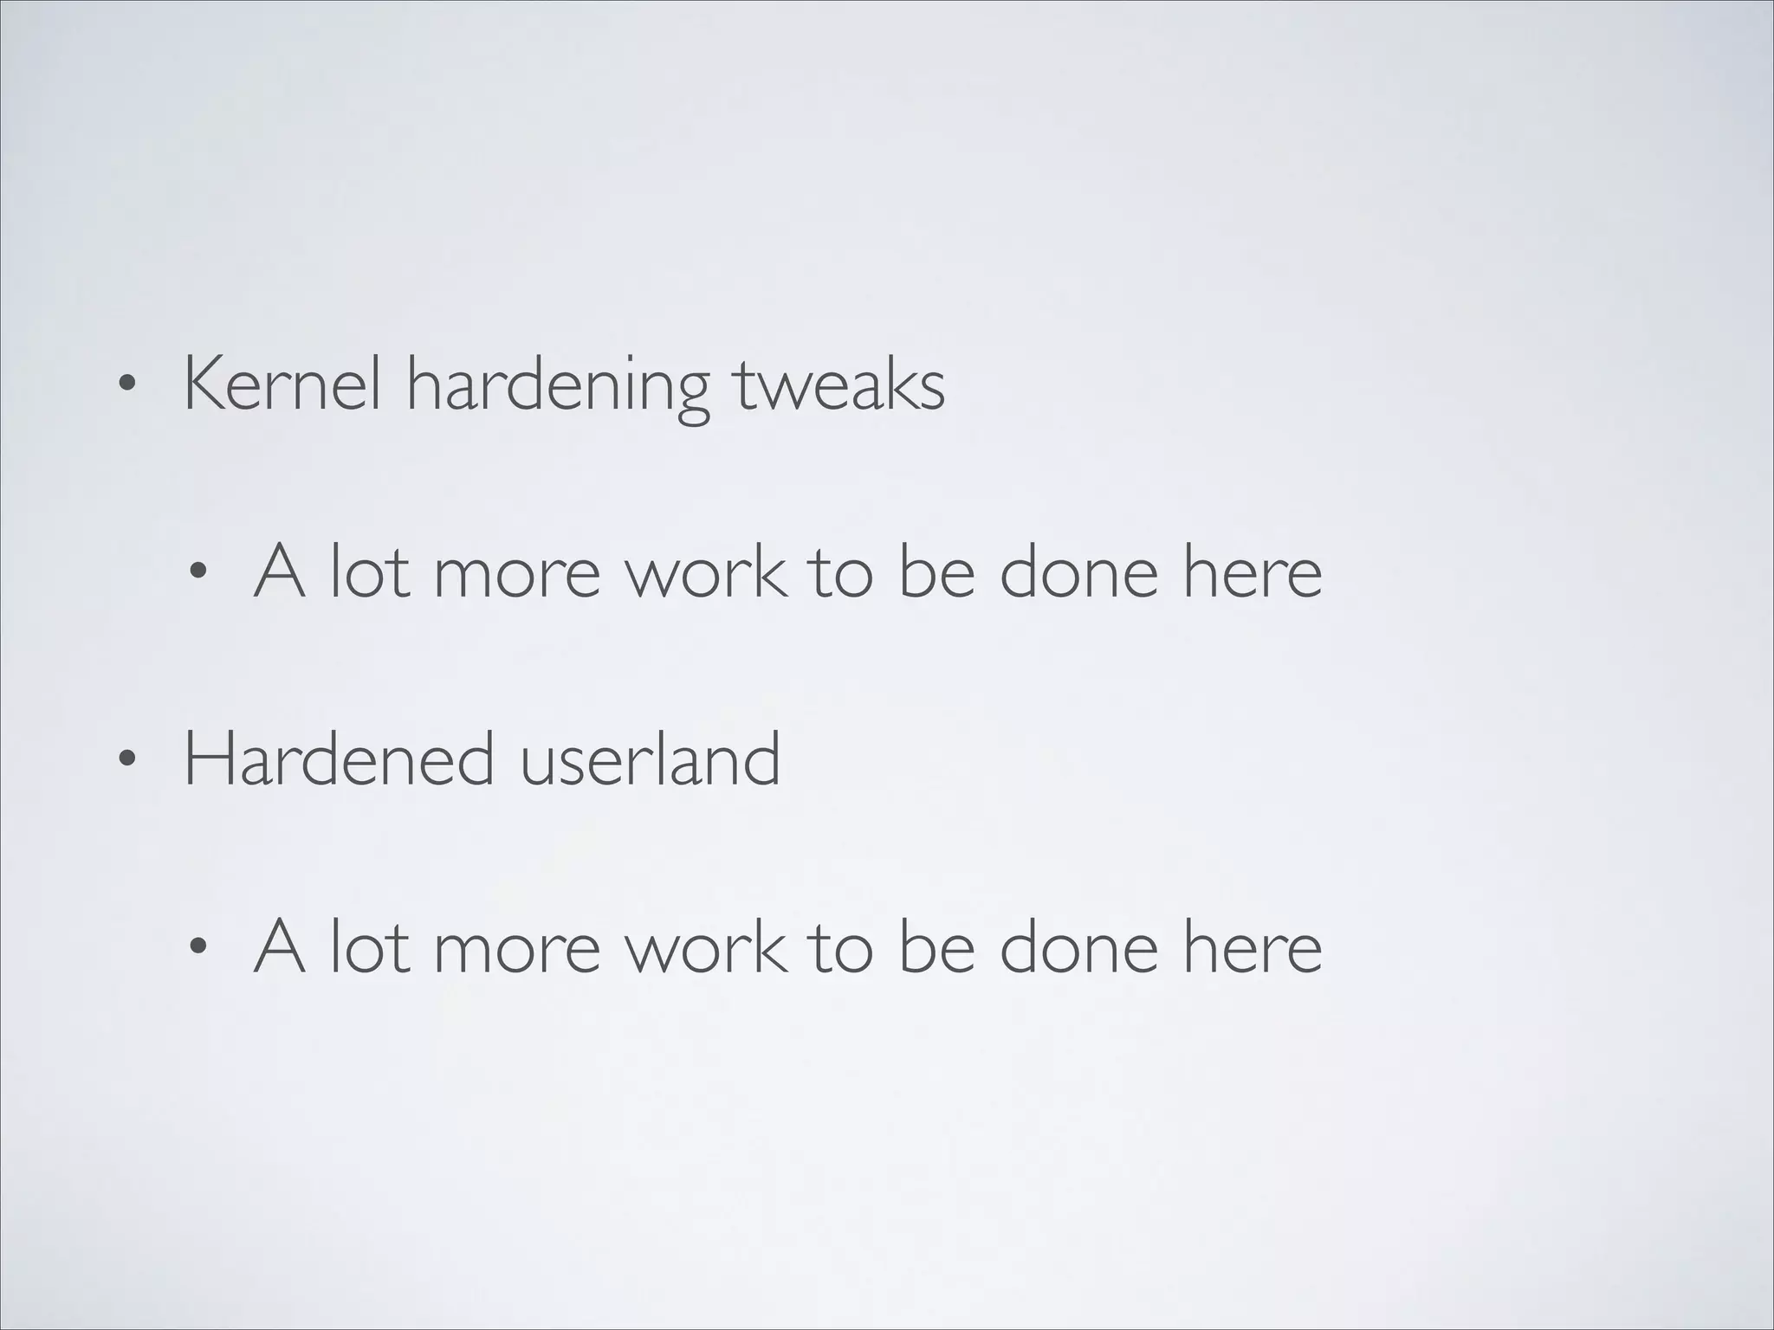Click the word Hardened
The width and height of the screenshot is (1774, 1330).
pyautogui.click(x=340, y=759)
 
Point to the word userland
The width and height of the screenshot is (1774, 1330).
pyautogui.click(x=650, y=759)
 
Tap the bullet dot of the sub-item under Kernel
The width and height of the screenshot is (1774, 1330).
pyautogui.click(x=198, y=572)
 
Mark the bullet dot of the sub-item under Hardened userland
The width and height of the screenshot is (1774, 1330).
pyautogui.click(x=198, y=946)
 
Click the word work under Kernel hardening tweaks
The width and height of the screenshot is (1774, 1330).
pyautogui.click(x=706, y=571)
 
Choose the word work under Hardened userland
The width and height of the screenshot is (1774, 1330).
pyautogui.click(x=706, y=946)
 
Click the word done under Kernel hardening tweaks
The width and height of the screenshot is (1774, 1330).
pyautogui.click(x=1078, y=571)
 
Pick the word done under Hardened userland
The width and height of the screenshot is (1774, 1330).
pyautogui.click(x=1078, y=946)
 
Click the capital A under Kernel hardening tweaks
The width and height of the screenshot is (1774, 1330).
pyautogui.click(x=279, y=571)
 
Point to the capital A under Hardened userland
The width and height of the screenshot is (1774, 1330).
pyautogui.click(x=279, y=946)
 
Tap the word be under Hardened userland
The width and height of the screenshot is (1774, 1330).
pyautogui.click(x=936, y=946)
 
